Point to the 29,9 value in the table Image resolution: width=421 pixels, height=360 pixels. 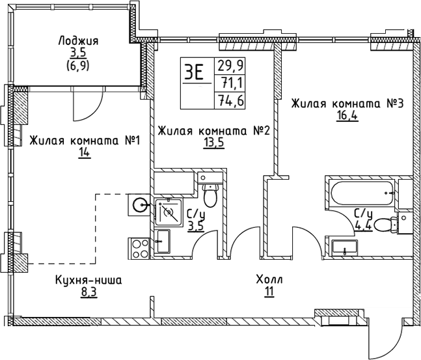point(227,64)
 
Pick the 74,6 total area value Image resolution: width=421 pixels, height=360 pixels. point(227,100)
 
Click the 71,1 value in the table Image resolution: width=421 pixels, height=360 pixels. point(227,82)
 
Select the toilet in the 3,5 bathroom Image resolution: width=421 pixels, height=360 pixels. point(210,193)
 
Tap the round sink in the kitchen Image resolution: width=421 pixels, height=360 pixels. point(141,204)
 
